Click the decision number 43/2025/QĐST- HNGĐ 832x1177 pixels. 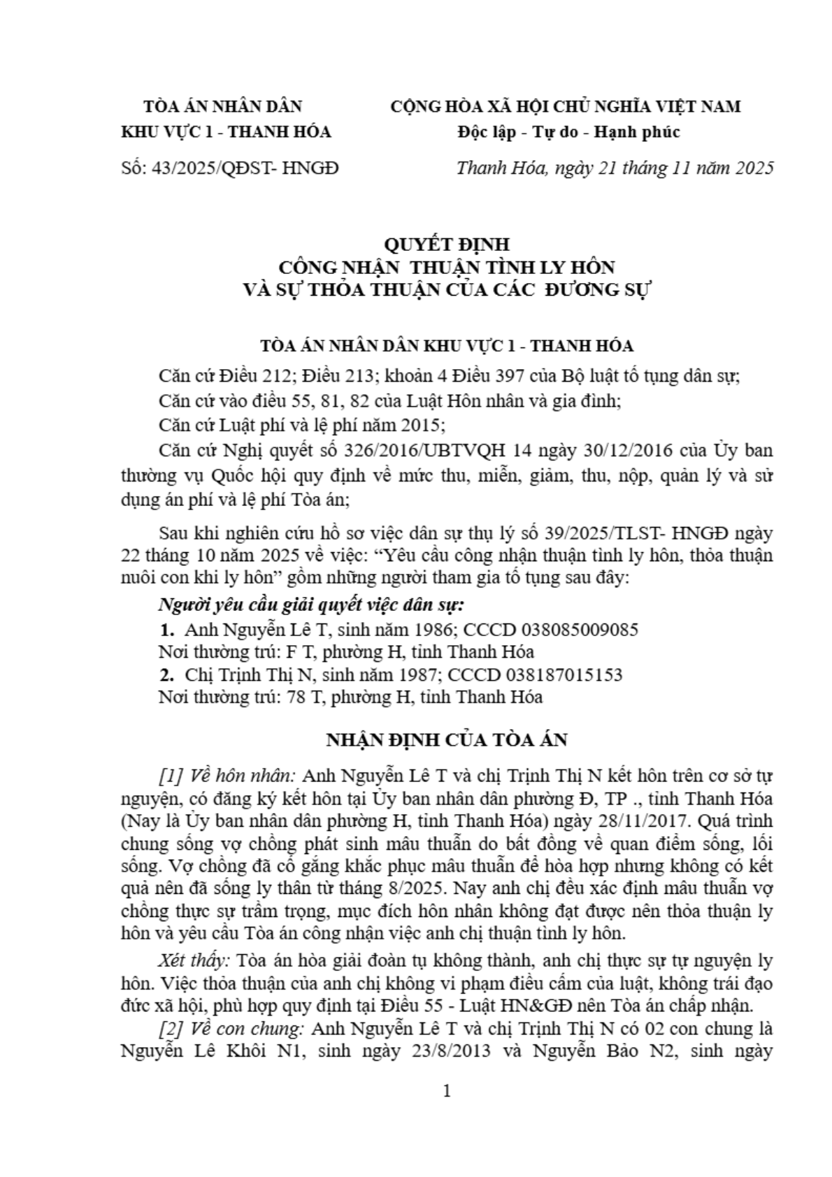click(x=245, y=168)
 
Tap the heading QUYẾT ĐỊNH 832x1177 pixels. click(x=447, y=244)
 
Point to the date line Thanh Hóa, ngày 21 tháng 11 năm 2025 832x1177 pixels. click(x=615, y=168)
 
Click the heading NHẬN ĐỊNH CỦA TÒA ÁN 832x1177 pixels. click(x=447, y=740)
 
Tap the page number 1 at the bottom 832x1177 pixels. click(x=447, y=1091)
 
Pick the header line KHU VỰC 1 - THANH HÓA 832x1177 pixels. click(x=226, y=131)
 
